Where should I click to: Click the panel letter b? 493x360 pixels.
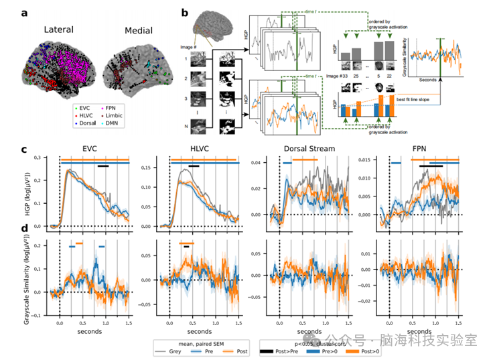(x=185, y=11)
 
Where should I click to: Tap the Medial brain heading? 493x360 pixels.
(x=139, y=31)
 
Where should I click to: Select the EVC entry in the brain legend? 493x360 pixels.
(x=90, y=107)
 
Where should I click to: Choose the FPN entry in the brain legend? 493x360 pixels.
(x=123, y=107)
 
